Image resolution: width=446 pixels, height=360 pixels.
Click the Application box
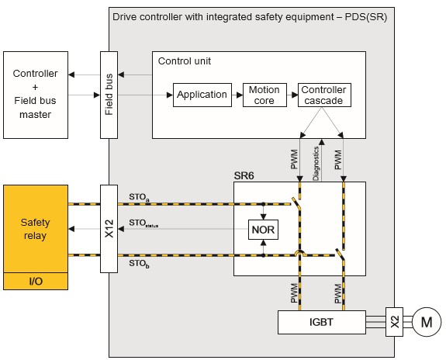[x=202, y=95]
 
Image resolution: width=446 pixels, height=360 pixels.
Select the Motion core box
[x=264, y=95]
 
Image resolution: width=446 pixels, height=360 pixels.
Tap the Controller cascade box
[x=324, y=95]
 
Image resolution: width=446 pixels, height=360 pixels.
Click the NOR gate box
[x=263, y=230]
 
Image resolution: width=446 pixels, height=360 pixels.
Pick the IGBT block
[x=321, y=322]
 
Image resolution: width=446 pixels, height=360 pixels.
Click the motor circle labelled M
[x=427, y=322]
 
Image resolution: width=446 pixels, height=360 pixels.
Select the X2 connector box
[x=394, y=322]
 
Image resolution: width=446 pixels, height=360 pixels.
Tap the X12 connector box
[x=109, y=229]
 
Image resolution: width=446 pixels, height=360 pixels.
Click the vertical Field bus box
[x=109, y=95]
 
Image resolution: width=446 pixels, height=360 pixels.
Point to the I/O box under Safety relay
[x=36, y=281]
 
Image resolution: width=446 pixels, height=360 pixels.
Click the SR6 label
[x=244, y=176]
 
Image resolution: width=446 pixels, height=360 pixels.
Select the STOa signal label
[x=139, y=197]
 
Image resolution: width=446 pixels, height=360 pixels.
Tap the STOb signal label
[x=139, y=264]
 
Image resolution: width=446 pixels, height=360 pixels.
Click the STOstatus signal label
[x=143, y=223]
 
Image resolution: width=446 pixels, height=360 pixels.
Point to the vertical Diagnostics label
[x=316, y=164]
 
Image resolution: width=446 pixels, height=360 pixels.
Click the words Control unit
[x=185, y=61]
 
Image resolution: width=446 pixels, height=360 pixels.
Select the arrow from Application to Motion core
[x=237, y=95]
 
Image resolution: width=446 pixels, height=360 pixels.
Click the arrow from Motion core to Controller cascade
[x=292, y=95]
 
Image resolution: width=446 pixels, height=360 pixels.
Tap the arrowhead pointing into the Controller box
[x=71, y=74]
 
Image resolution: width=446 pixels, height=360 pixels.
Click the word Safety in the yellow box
[x=35, y=222]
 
